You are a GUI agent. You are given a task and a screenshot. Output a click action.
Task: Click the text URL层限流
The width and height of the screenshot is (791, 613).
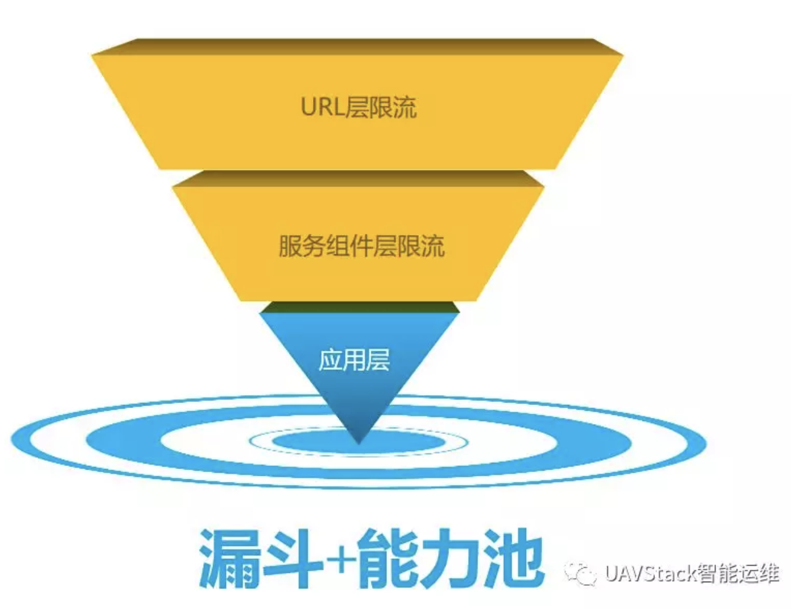point(359,106)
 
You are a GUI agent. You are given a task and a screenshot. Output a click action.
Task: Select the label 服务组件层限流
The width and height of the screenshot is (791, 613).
point(362,246)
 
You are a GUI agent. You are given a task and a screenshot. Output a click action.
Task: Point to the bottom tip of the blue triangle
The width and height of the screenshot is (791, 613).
point(359,442)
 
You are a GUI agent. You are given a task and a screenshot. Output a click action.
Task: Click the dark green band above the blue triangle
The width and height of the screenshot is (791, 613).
point(359,307)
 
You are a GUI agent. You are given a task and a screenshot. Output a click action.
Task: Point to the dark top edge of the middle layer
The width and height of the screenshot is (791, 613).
point(358,178)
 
